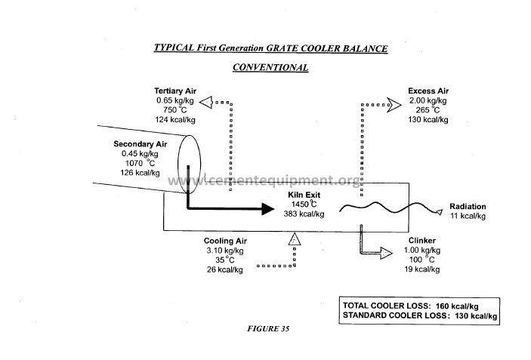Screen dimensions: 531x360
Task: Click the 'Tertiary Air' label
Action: click(175, 91)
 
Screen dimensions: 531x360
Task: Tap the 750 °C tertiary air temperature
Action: click(174, 110)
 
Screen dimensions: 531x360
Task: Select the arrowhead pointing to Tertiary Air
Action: click(206, 102)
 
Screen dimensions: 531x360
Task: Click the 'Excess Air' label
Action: click(428, 91)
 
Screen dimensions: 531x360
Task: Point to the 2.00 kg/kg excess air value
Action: click(428, 100)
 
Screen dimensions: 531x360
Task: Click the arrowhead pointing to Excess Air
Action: click(394, 105)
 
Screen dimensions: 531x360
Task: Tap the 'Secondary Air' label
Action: click(140, 144)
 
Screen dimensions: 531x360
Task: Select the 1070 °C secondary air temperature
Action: click(140, 163)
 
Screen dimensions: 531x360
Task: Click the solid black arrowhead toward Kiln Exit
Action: click(268, 208)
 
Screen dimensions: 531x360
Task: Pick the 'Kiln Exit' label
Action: click(304, 195)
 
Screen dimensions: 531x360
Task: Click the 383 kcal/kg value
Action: click(304, 214)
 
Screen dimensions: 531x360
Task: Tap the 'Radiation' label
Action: click(468, 206)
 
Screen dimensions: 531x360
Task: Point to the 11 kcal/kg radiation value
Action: click(468, 216)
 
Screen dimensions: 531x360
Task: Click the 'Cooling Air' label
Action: click(225, 241)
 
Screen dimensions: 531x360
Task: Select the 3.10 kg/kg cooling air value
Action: click(225, 251)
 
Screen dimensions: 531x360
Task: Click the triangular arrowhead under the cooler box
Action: click(295, 239)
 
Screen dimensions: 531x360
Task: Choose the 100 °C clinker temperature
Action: click(422, 260)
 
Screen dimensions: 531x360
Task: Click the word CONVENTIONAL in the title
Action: click(270, 67)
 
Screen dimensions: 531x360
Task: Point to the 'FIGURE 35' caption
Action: click(268, 329)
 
